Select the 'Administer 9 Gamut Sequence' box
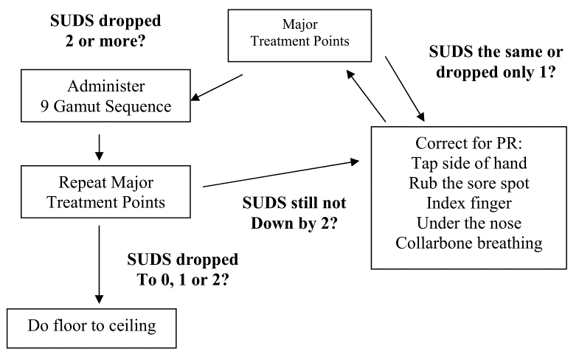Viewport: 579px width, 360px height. pyautogui.click(x=107, y=97)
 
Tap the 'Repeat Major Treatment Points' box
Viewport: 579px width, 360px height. pyautogui.click(x=107, y=192)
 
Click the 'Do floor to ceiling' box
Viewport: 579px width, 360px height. pyautogui.click(x=92, y=325)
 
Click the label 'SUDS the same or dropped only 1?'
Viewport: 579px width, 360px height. pyautogui.click(x=495, y=63)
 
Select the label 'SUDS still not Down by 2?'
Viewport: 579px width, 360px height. pyautogui.click(x=294, y=213)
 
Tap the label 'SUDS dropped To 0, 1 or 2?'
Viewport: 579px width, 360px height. pyautogui.click(x=182, y=270)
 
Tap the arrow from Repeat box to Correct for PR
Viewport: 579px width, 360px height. pyautogui.click(x=280, y=174)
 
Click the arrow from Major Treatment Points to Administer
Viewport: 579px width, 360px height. pyautogui.click(x=221, y=86)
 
